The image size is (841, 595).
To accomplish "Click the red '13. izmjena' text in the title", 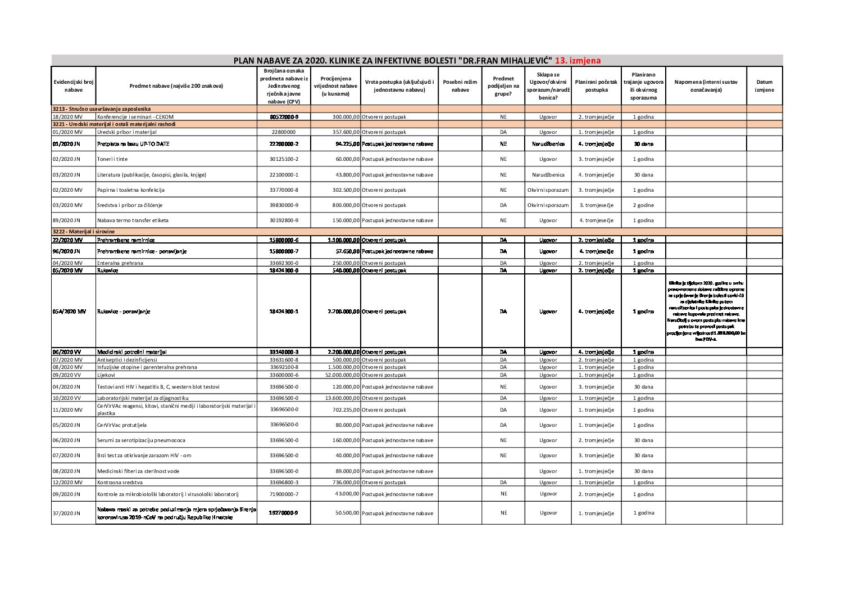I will [x=578, y=61].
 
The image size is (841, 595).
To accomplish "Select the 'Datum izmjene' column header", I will [x=764, y=86].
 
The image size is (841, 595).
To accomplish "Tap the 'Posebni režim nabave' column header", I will [x=460, y=86].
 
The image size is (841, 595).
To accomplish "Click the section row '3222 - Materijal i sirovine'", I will [x=84, y=232].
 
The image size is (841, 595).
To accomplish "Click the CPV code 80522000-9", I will [x=284, y=117].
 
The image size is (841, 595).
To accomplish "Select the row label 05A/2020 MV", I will [x=70, y=312].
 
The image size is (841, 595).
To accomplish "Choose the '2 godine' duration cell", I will [x=643, y=205].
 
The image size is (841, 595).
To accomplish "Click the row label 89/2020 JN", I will [x=67, y=220].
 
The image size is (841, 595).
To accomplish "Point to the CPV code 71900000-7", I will [x=284, y=494].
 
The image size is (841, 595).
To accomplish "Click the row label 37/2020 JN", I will [x=67, y=513].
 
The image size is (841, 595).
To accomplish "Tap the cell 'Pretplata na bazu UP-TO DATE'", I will [x=133, y=144].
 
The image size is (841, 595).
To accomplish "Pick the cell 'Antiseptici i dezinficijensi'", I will [x=127, y=360].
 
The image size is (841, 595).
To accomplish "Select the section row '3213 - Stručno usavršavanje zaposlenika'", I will [x=101, y=109].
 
